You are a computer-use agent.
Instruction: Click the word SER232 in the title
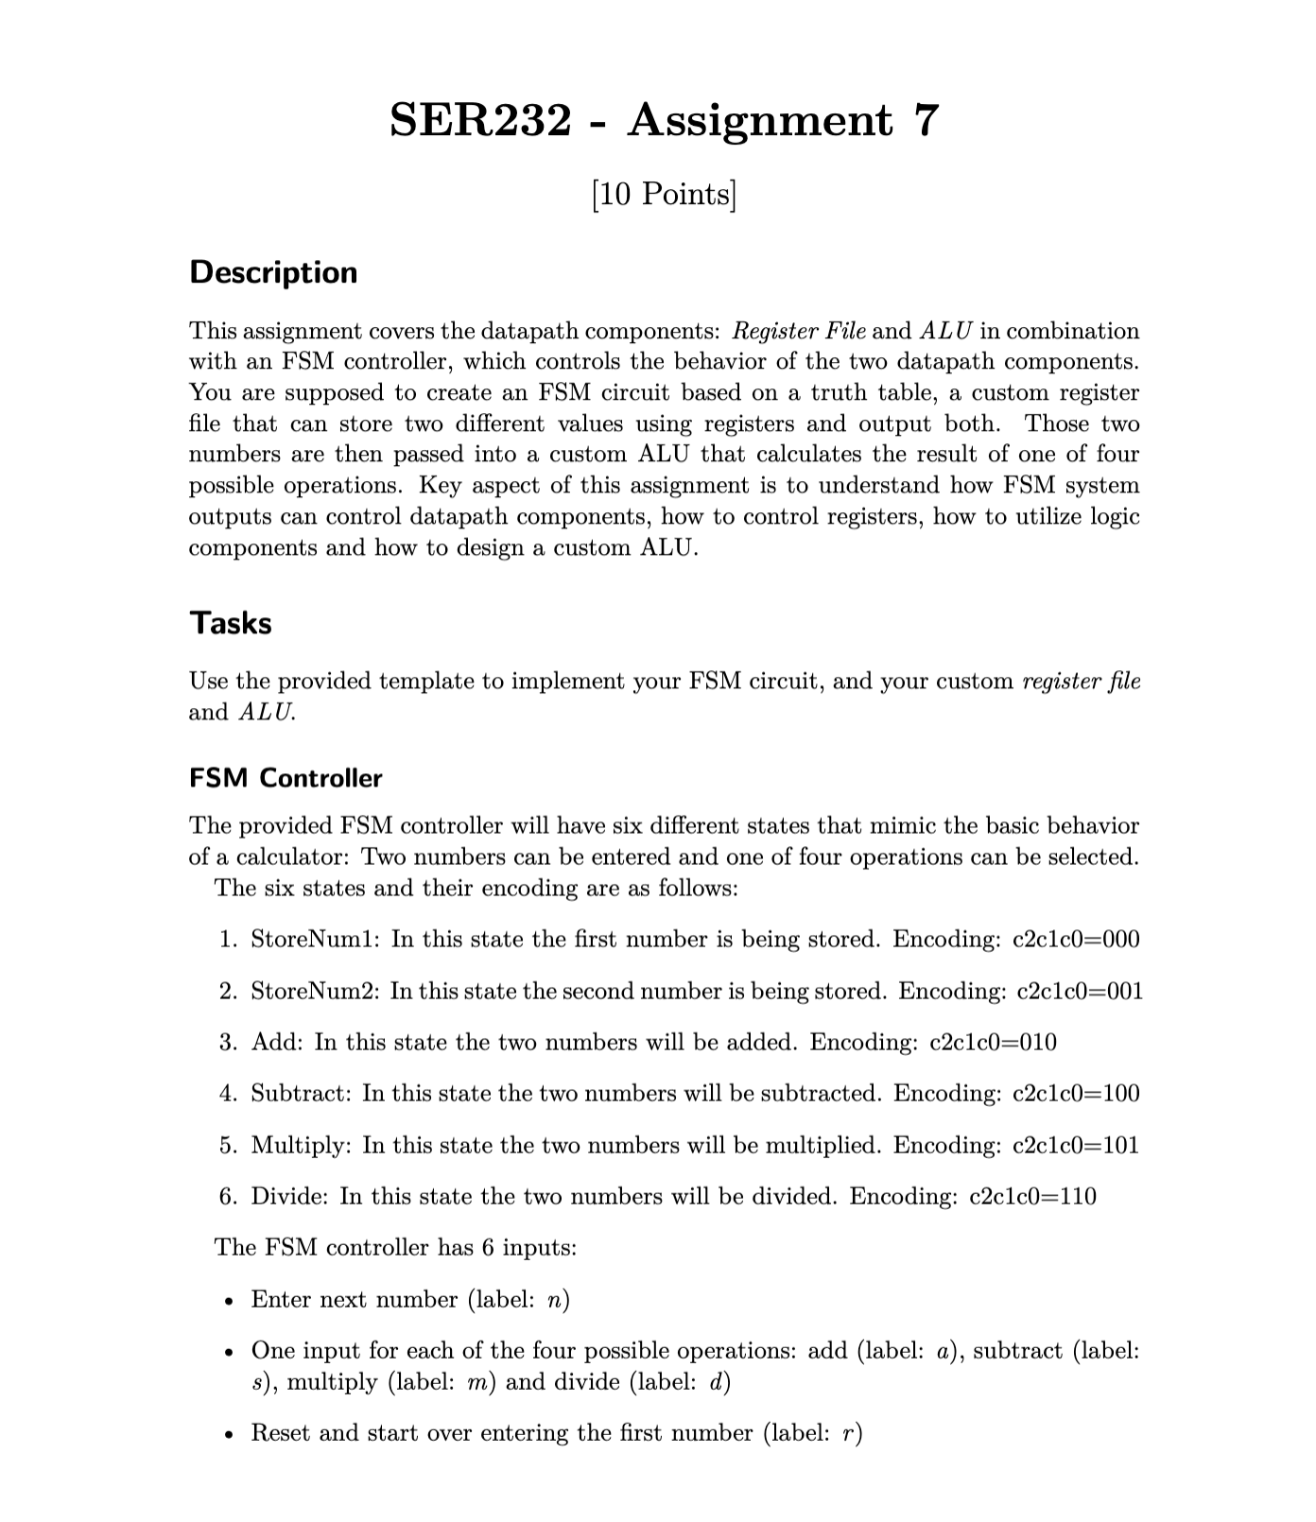[x=480, y=121]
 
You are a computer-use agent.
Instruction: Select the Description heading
[x=273, y=272]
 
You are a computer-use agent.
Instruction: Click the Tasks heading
[x=230, y=623]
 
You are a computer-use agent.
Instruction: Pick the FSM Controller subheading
[x=286, y=778]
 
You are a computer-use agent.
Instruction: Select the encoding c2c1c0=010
[x=993, y=1042]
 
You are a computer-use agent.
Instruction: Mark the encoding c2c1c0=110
[x=1033, y=1196]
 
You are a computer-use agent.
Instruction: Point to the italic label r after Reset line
[x=848, y=1433]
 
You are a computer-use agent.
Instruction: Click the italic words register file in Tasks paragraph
[x=1082, y=682]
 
